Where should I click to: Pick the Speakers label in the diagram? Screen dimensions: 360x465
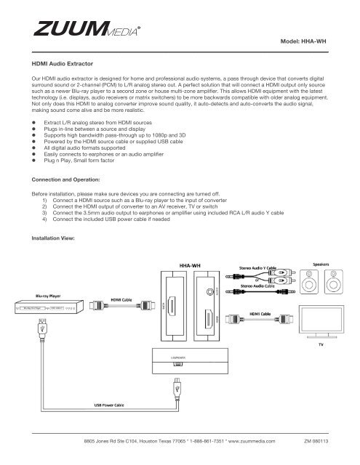click(x=325, y=264)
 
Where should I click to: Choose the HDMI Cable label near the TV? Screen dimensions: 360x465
click(x=264, y=314)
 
